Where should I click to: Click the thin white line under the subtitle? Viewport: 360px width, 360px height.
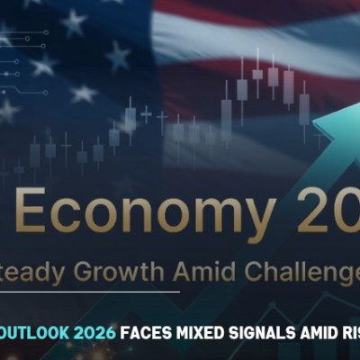click(x=90, y=292)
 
